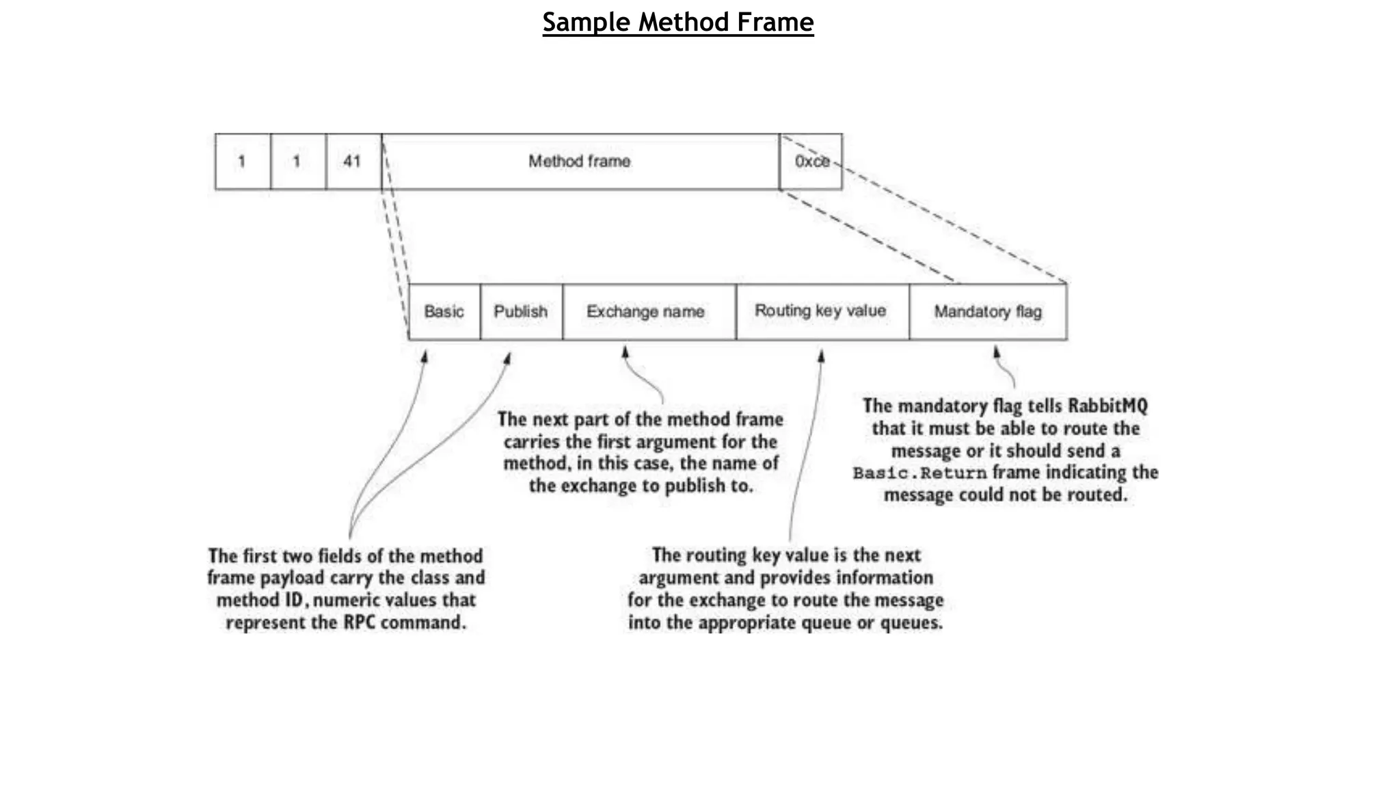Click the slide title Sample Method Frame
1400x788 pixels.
click(677, 23)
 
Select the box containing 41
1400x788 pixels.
click(353, 161)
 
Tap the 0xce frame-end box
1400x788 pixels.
click(811, 161)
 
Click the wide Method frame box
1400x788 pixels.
click(580, 161)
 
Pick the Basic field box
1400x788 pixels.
click(444, 312)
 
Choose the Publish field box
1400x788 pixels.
click(521, 312)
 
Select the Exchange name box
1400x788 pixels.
click(646, 312)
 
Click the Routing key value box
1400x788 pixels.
click(820, 311)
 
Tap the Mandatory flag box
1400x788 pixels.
click(988, 312)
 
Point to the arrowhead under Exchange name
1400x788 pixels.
click(625, 352)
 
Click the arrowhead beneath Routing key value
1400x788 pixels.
click(821, 356)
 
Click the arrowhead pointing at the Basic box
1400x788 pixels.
click(425, 357)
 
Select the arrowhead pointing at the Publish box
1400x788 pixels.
click(508, 358)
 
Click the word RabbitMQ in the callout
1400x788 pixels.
click(1107, 406)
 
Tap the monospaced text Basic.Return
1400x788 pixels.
click(920, 473)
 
